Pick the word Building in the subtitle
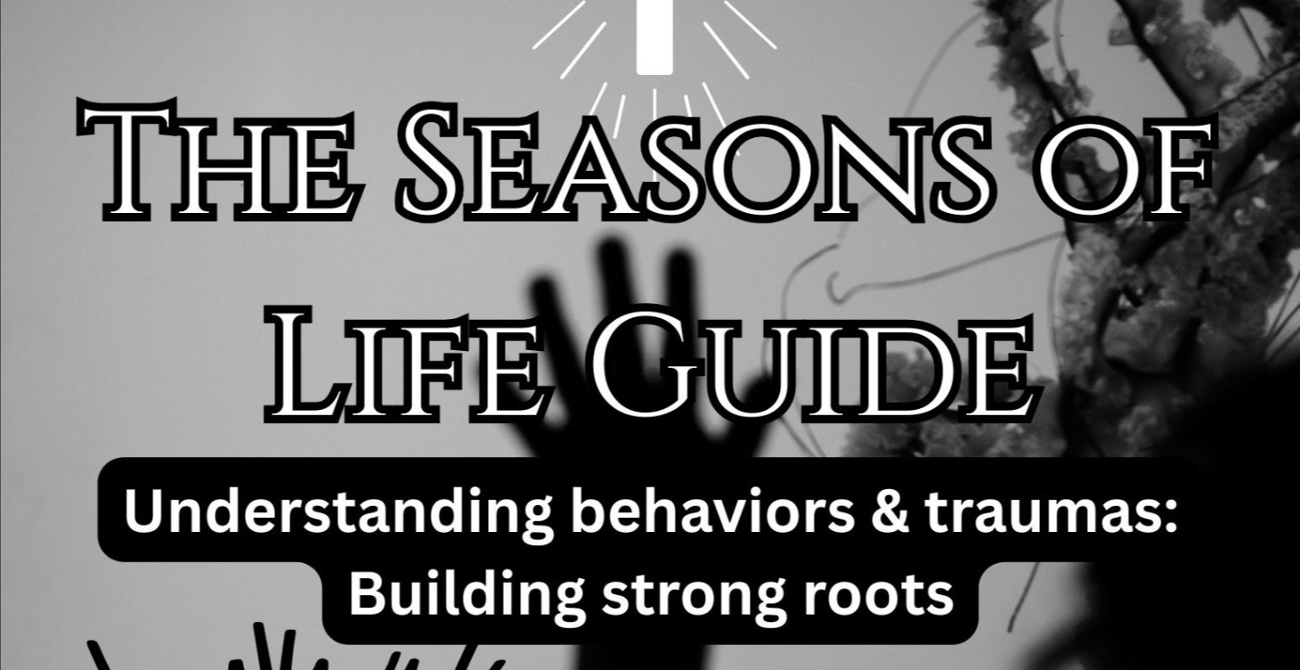(x=462, y=595)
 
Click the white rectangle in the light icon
(x=654, y=36)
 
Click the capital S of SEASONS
(x=440, y=165)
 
